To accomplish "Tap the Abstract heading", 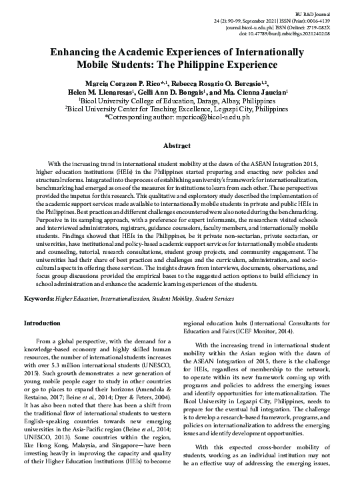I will click(x=180, y=145).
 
